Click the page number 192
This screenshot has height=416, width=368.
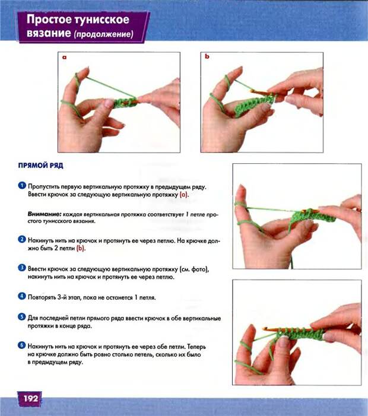(x=31, y=398)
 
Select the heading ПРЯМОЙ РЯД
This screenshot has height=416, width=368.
(x=40, y=166)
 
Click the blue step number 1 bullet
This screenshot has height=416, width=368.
(x=22, y=185)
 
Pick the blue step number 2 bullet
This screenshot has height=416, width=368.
(x=22, y=239)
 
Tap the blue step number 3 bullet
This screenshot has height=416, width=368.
(x=22, y=268)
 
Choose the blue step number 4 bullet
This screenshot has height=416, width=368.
(x=22, y=296)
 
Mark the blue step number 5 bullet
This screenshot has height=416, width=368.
(x=22, y=317)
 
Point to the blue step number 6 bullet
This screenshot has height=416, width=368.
(x=22, y=345)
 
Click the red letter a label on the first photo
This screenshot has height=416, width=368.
(x=64, y=58)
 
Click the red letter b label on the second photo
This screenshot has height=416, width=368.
(x=207, y=56)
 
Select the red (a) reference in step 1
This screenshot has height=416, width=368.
(x=184, y=195)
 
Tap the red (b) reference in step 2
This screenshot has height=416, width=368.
(x=81, y=249)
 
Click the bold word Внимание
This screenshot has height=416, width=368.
(x=45, y=214)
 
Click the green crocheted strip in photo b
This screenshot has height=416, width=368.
(x=254, y=106)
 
